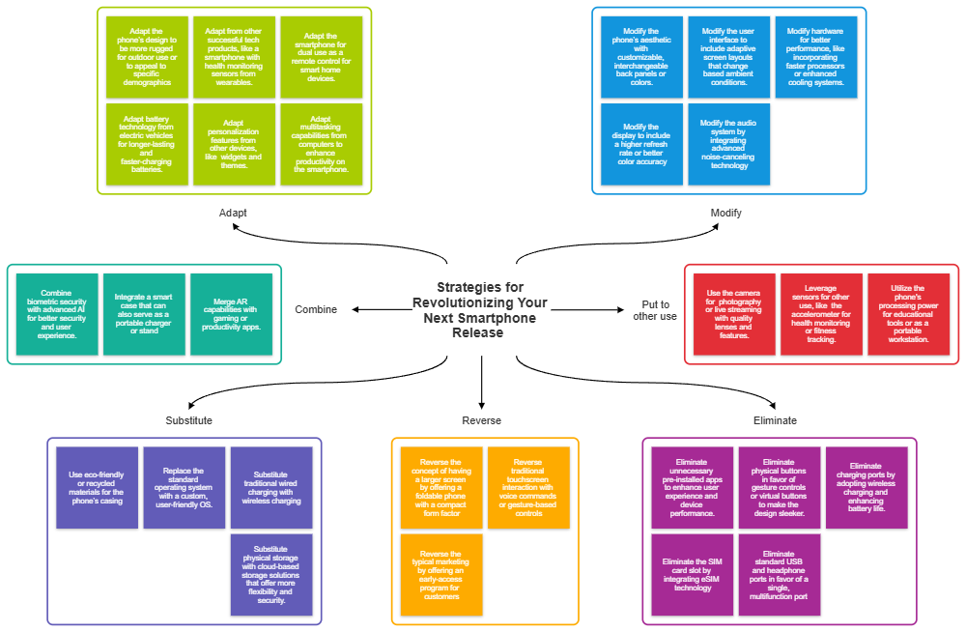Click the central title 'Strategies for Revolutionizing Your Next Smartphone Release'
point(479,309)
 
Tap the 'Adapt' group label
point(234,212)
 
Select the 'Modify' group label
point(725,212)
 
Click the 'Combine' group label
point(316,309)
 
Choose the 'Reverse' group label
point(481,420)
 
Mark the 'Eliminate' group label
point(775,420)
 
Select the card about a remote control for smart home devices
point(322,57)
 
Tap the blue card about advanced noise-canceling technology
point(729,144)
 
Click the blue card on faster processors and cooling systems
point(816,57)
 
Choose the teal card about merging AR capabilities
point(232,314)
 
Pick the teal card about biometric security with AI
point(57,314)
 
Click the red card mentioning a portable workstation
point(909,314)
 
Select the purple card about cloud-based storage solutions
point(271,574)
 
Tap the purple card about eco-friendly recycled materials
point(97,487)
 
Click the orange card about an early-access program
point(441,574)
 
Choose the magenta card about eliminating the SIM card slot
point(693,574)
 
